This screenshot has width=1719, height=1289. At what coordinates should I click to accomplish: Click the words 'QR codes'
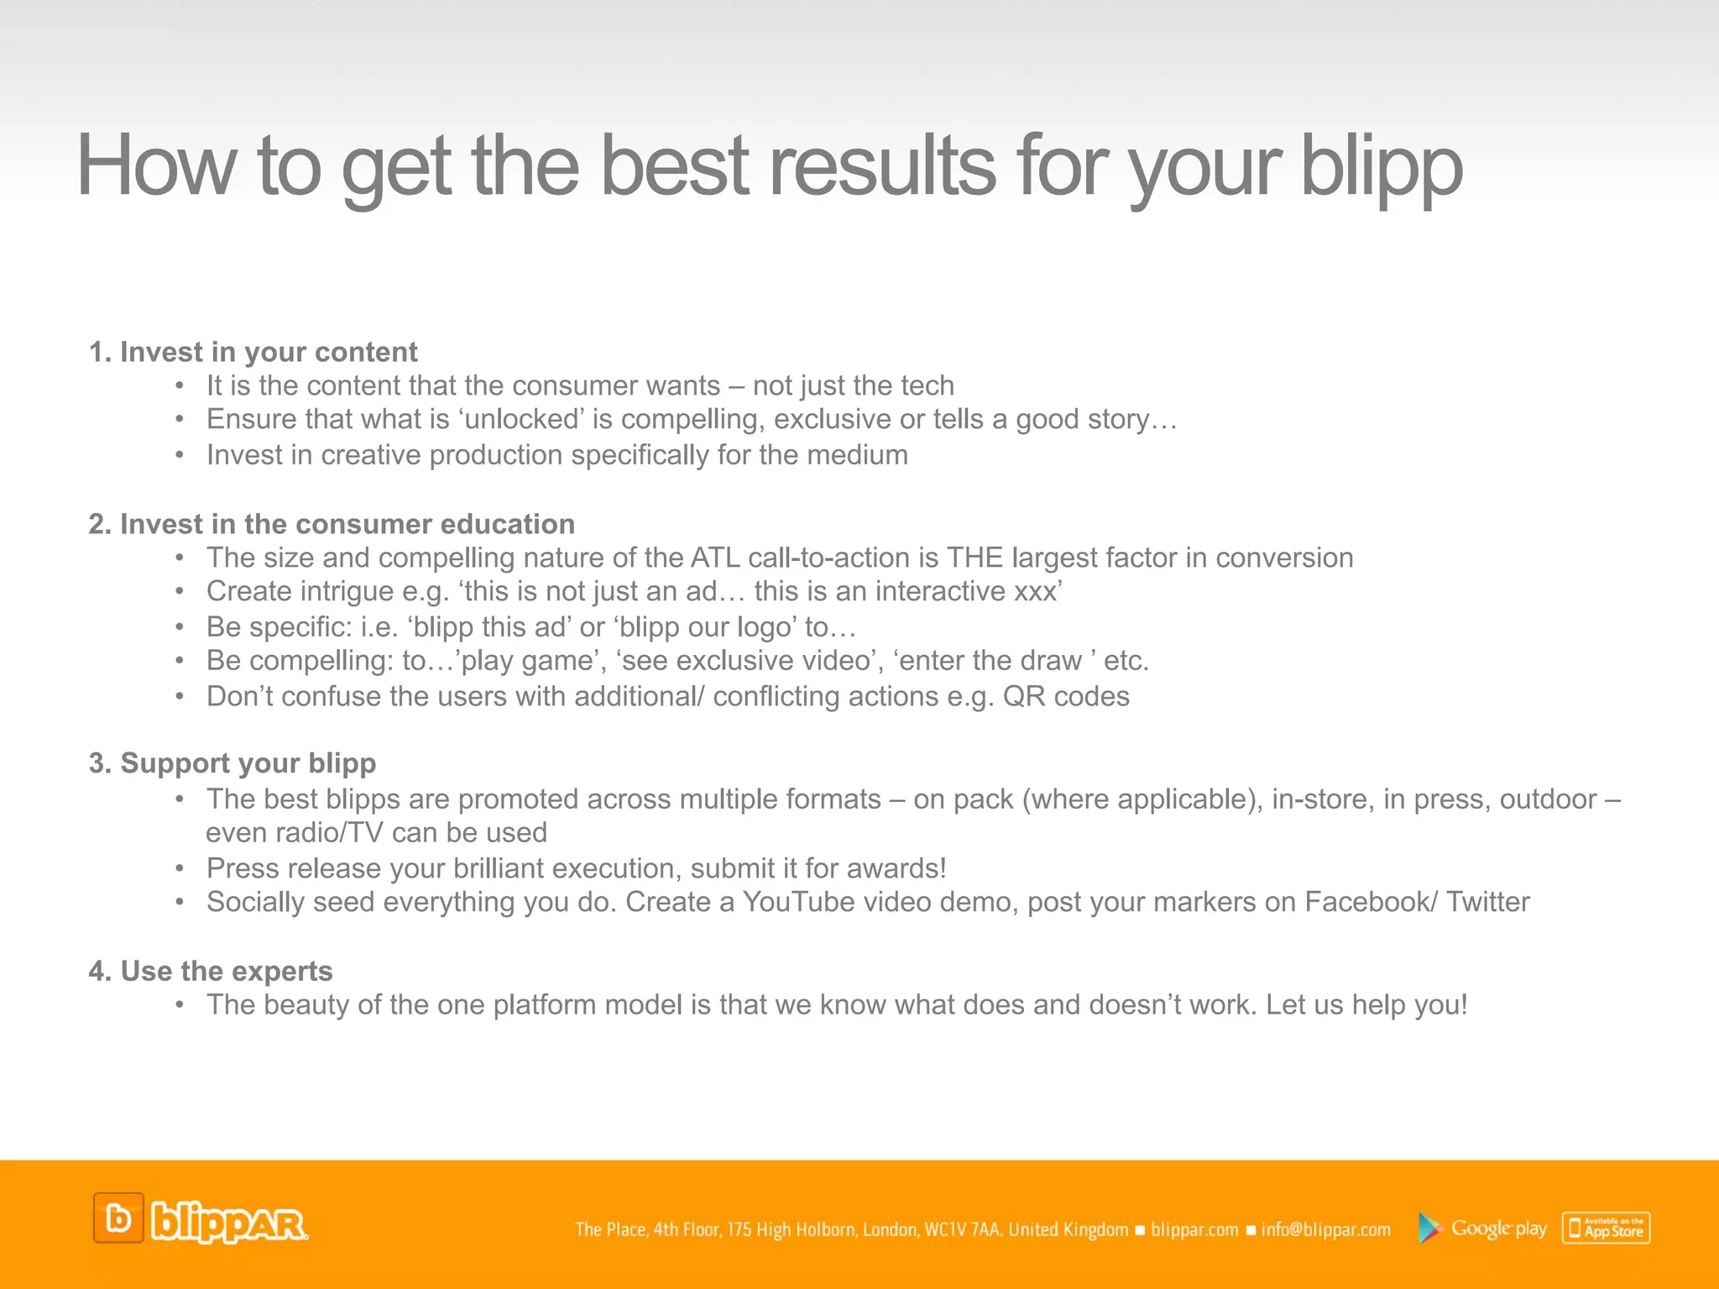click(x=1066, y=696)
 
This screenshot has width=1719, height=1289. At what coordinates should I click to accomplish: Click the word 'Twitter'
click(x=1487, y=902)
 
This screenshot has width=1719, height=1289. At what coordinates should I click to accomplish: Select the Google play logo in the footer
click(x=1482, y=1229)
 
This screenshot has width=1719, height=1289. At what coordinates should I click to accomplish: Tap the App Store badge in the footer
click(x=1606, y=1229)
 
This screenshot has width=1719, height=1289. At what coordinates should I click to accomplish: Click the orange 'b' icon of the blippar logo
click(x=118, y=1218)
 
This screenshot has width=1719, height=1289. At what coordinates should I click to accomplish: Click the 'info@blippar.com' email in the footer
click(x=1325, y=1230)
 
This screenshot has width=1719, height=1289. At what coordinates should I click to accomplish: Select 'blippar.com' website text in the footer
click(x=1194, y=1230)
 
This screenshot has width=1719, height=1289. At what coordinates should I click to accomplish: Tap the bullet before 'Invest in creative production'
click(x=180, y=455)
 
